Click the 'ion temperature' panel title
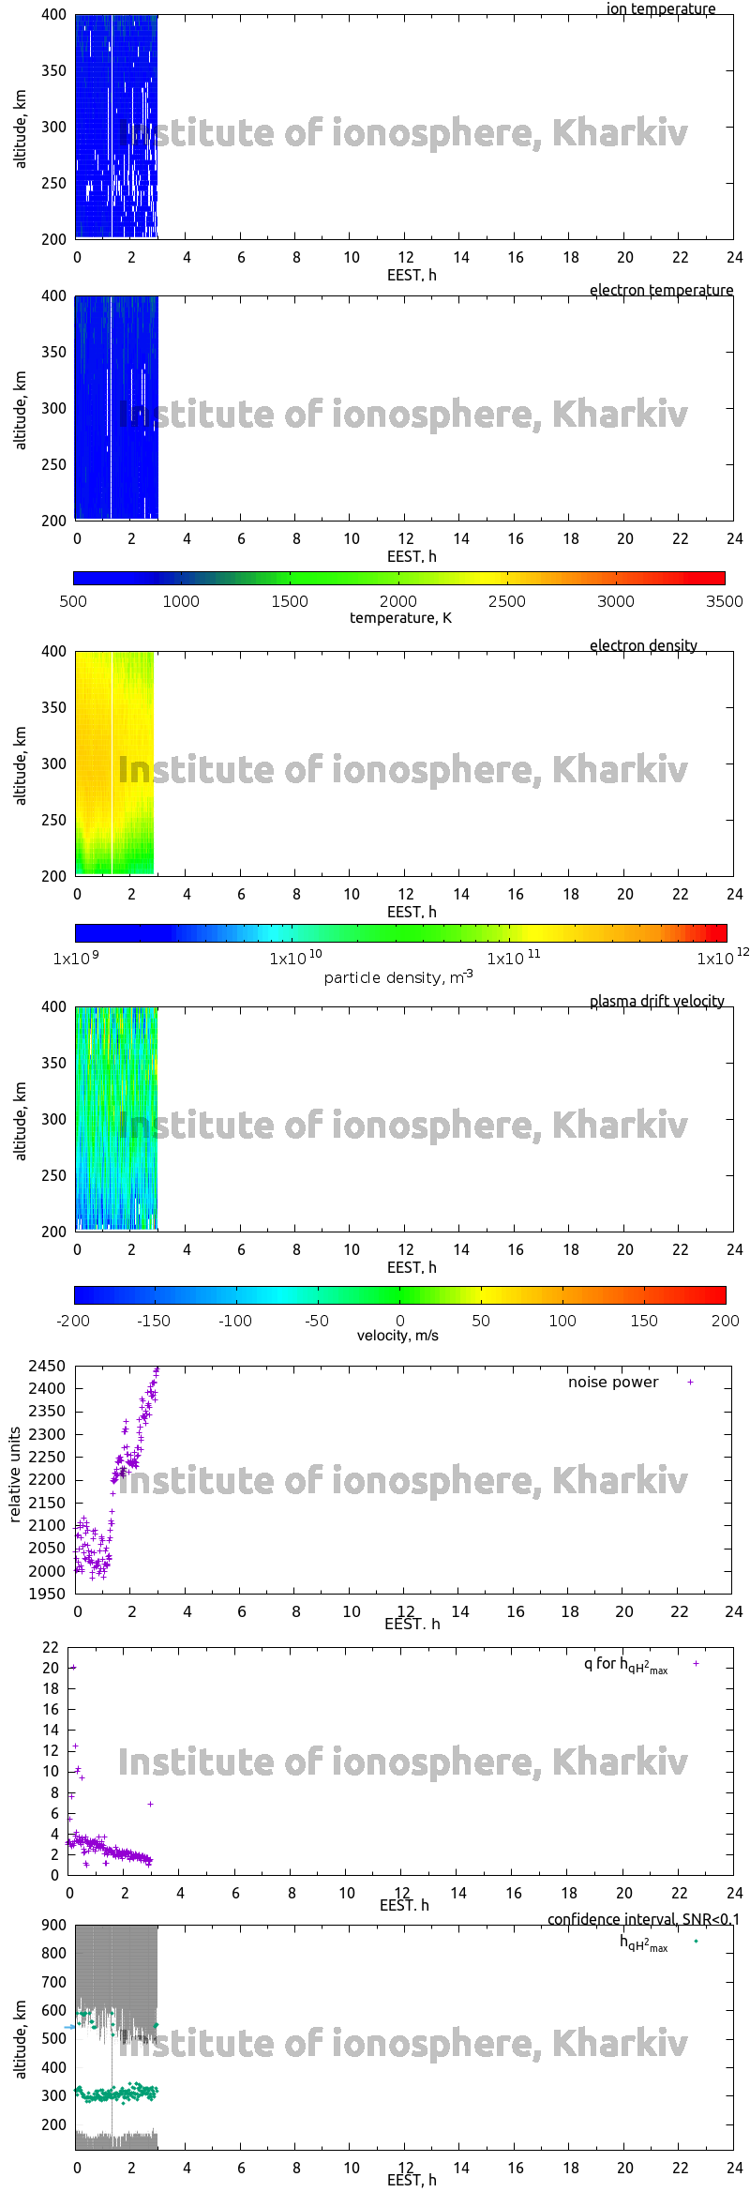660,9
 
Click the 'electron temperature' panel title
661,290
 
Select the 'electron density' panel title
643,645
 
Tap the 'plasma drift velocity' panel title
656,1001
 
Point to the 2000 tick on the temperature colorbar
398,601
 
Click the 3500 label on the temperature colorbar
724,601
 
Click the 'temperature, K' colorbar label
400,618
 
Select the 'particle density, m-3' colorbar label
398,977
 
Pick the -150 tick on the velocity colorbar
154,1321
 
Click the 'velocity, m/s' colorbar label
397,1336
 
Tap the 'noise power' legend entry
613,1383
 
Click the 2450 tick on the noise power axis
47,1367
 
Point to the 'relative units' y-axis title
15,1474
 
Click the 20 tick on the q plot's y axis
51,1668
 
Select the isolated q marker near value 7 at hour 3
150,1805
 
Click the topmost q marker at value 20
73,1668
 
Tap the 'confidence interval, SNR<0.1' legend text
643,1920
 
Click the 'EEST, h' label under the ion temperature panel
412,275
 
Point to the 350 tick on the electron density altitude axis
53,707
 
